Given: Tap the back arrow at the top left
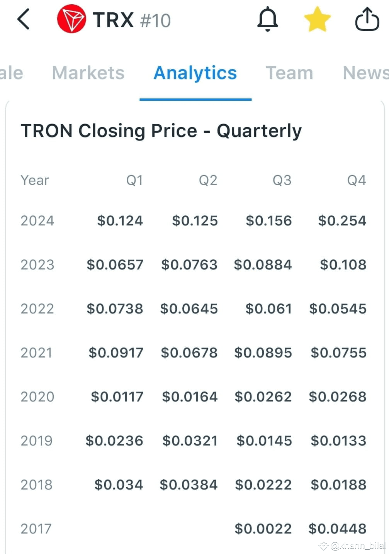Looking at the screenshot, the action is pyautogui.click(x=23, y=19).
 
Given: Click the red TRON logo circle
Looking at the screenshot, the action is pyautogui.click(x=71, y=19).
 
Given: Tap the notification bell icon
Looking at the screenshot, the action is pyautogui.click(x=267, y=19).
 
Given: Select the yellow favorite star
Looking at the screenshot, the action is pyautogui.click(x=317, y=19).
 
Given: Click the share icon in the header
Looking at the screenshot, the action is pyautogui.click(x=367, y=19).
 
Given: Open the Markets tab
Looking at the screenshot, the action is pyautogui.click(x=88, y=73).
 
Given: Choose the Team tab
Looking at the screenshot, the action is pyautogui.click(x=289, y=73).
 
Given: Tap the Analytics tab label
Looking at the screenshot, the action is pyautogui.click(x=195, y=73).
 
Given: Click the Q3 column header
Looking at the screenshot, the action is pyautogui.click(x=282, y=180).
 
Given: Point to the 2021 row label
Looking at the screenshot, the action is pyautogui.click(x=36, y=353).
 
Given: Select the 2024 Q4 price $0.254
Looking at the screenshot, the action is pyautogui.click(x=342, y=220).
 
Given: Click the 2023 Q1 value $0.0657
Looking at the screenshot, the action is pyautogui.click(x=115, y=264).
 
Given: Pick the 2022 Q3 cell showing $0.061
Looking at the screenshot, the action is pyautogui.click(x=268, y=309).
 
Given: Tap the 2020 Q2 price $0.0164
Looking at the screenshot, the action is pyautogui.click(x=190, y=397).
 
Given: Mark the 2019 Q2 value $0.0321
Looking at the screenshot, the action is pyautogui.click(x=190, y=441).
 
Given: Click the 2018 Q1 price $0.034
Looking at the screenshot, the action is pyautogui.click(x=119, y=485).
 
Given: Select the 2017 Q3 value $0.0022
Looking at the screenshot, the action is pyautogui.click(x=263, y=529).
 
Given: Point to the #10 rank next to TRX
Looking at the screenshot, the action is pyautogui.click(x=155, y=20).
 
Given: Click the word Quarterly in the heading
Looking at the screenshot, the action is pyautogui.click(x=259, y=131).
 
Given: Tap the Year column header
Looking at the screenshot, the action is pyautogui.click(x=35, y=180).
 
